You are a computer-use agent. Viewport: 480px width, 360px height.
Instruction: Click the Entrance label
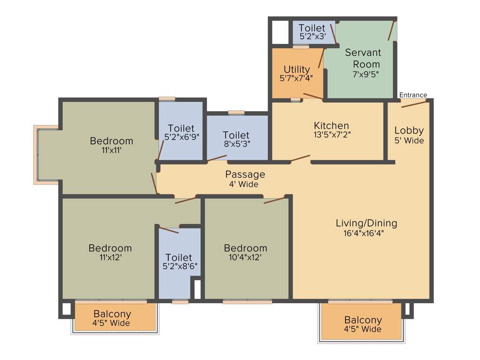[413, 95]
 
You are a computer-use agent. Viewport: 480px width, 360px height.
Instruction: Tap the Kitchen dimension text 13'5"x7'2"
[331, 134]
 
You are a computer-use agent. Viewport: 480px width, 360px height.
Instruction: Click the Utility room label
[297, 70]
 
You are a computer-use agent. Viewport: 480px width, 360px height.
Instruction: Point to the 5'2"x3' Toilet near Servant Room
[312, 32]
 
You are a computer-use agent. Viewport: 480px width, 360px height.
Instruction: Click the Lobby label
[409, 131]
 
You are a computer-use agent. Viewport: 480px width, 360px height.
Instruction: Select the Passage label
[245, 174]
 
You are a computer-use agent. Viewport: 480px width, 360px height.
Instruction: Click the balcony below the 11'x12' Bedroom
[112, 317]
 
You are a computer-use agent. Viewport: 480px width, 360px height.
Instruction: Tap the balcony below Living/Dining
[363, 324]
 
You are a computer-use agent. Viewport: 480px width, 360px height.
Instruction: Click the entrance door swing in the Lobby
[414, 104]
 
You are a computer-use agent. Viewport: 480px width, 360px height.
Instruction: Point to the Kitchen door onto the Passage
[300, 158]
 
